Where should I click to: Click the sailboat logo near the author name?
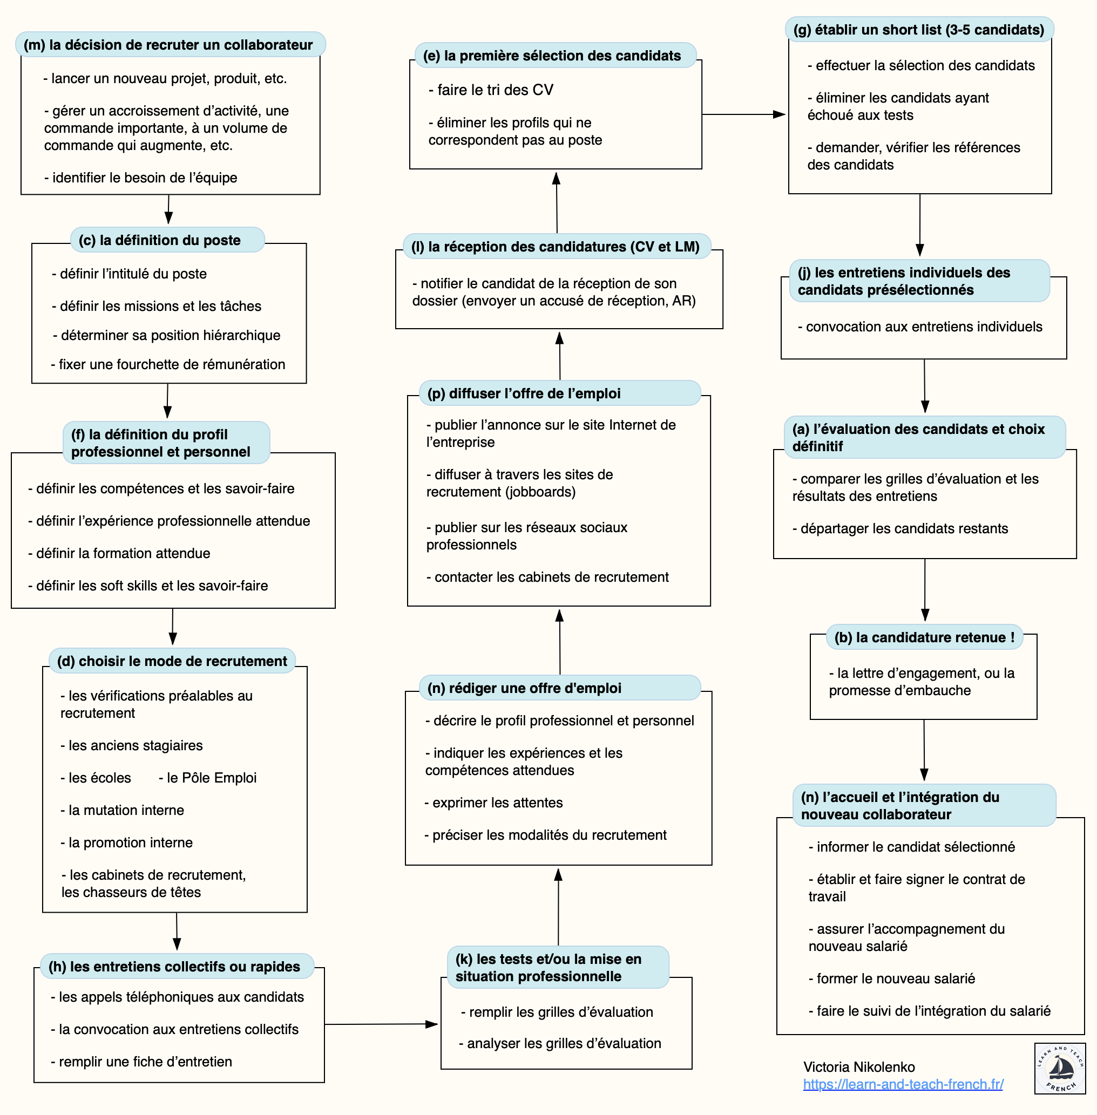1060,1069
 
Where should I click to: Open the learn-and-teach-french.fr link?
903,1084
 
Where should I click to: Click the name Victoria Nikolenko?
859,1066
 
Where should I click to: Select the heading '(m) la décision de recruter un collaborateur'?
168,45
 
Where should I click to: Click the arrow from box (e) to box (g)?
743,114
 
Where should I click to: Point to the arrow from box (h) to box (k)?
380,1024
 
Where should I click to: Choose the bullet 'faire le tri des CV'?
491,90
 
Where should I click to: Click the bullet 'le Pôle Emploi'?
207,778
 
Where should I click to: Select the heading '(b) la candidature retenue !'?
924,637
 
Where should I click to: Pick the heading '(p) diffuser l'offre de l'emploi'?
524,393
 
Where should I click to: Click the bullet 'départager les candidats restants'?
900,528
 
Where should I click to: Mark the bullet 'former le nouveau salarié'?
891,978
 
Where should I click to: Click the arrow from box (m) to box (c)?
168,209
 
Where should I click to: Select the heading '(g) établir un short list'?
918,30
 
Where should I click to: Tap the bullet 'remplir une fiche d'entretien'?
142,1062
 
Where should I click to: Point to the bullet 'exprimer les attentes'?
494,803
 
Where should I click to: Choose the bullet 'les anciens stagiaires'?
132,745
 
